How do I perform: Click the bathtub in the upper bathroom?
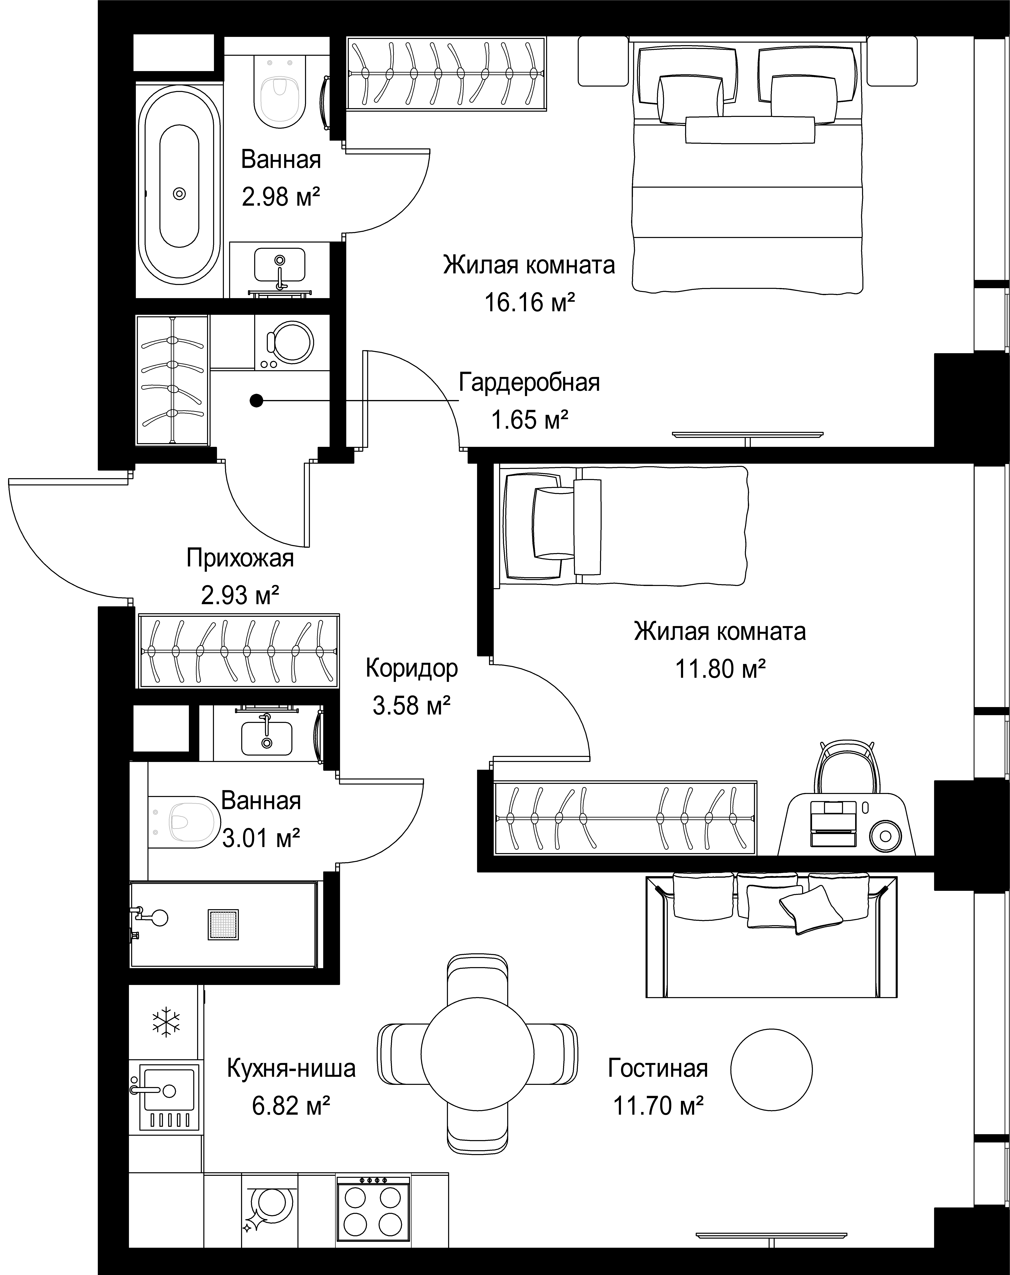(180, 193)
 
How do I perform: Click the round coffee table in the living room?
(771, 1069)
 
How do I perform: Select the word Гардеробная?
(530, 383)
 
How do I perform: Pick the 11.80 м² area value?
(720, 669)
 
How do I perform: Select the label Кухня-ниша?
(291, 1068)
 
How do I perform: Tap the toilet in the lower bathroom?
(183, 821)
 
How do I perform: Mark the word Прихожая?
(240, 558)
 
